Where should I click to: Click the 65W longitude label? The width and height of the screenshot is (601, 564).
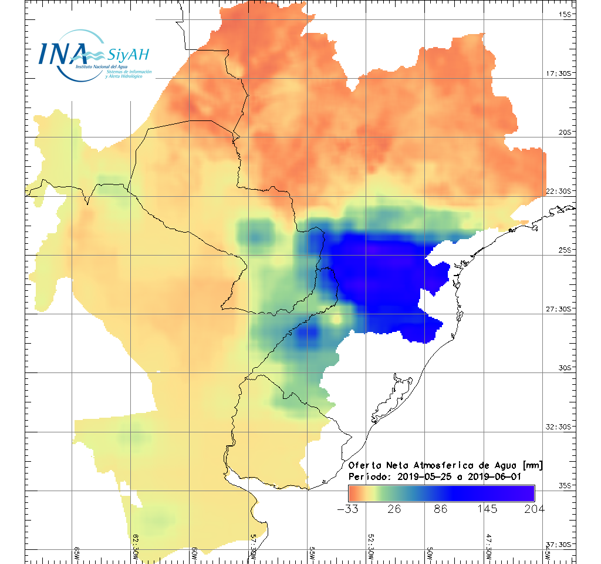(77, 553)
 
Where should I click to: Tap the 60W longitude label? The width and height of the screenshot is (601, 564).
(195, 553)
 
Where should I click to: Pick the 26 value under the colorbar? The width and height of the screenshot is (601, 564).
(394, 509)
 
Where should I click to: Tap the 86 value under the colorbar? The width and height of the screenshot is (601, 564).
(441, 509)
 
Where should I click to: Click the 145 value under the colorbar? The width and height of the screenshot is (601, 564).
(488, 509)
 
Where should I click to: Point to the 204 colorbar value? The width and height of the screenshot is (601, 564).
(534, 509)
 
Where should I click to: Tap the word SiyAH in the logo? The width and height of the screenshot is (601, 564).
(129, 55)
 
